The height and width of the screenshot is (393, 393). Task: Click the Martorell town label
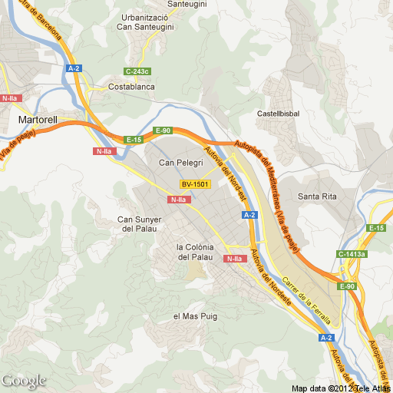(38, 121)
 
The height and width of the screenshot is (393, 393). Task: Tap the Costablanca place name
(131, 88)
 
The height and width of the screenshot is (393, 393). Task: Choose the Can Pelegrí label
(180, 163)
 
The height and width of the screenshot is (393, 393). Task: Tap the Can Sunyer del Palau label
(137, 224)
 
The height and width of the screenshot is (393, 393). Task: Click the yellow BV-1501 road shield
(195, 184)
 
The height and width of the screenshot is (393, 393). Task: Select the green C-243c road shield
(137, 71)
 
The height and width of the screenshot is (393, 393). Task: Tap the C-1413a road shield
(352, 254)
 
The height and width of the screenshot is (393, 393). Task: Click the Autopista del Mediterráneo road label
(268, 192)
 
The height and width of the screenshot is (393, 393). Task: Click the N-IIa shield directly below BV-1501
(178, 200)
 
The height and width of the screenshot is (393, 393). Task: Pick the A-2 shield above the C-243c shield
(74, 69)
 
